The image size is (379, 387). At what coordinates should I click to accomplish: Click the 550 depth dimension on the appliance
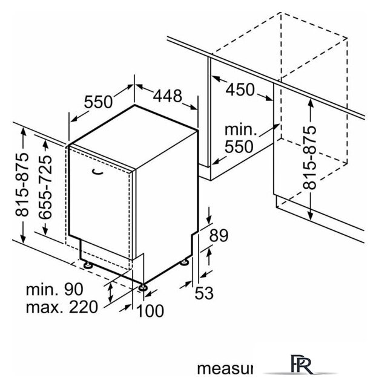(98, 102)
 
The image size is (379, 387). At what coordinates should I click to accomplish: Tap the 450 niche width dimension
(240, 89)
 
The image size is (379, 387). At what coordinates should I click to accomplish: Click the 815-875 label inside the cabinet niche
(311, 158)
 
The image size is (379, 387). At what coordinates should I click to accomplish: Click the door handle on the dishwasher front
(97, 174)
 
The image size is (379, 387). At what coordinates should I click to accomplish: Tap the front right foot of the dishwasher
(143, 287)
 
